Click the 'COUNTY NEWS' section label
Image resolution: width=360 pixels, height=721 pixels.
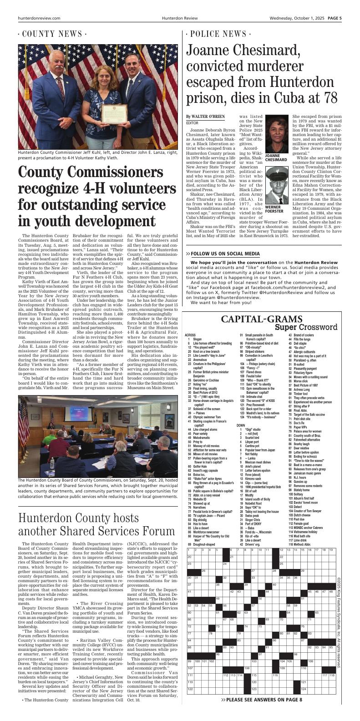point(53,35)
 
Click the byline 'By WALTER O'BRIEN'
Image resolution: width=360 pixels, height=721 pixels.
point(205,117)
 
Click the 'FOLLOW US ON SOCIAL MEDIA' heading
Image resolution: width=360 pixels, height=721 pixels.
point(225,254)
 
